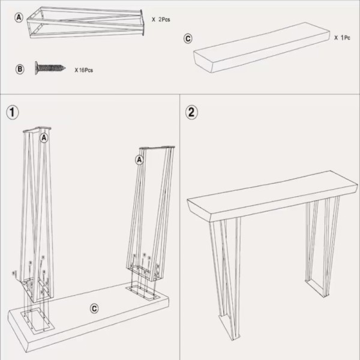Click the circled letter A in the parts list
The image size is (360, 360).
19,17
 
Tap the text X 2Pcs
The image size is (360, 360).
161,20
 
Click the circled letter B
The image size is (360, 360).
20,69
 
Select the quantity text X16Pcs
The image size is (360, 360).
83,70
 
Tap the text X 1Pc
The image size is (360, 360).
342,37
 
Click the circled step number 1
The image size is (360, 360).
13,112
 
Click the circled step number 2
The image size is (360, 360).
191,112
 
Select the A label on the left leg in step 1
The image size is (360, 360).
43,138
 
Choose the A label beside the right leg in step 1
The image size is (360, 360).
139,160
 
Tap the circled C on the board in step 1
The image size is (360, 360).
94,308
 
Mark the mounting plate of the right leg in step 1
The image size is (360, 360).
144,274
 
